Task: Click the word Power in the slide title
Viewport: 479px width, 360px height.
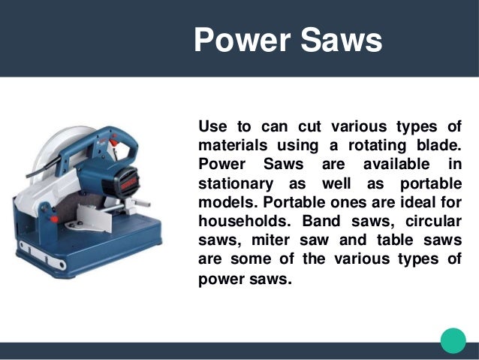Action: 238,39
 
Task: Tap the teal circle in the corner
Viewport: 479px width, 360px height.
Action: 453,340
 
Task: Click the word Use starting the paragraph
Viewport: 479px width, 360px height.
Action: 213,124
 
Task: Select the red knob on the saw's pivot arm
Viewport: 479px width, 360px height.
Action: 54,218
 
